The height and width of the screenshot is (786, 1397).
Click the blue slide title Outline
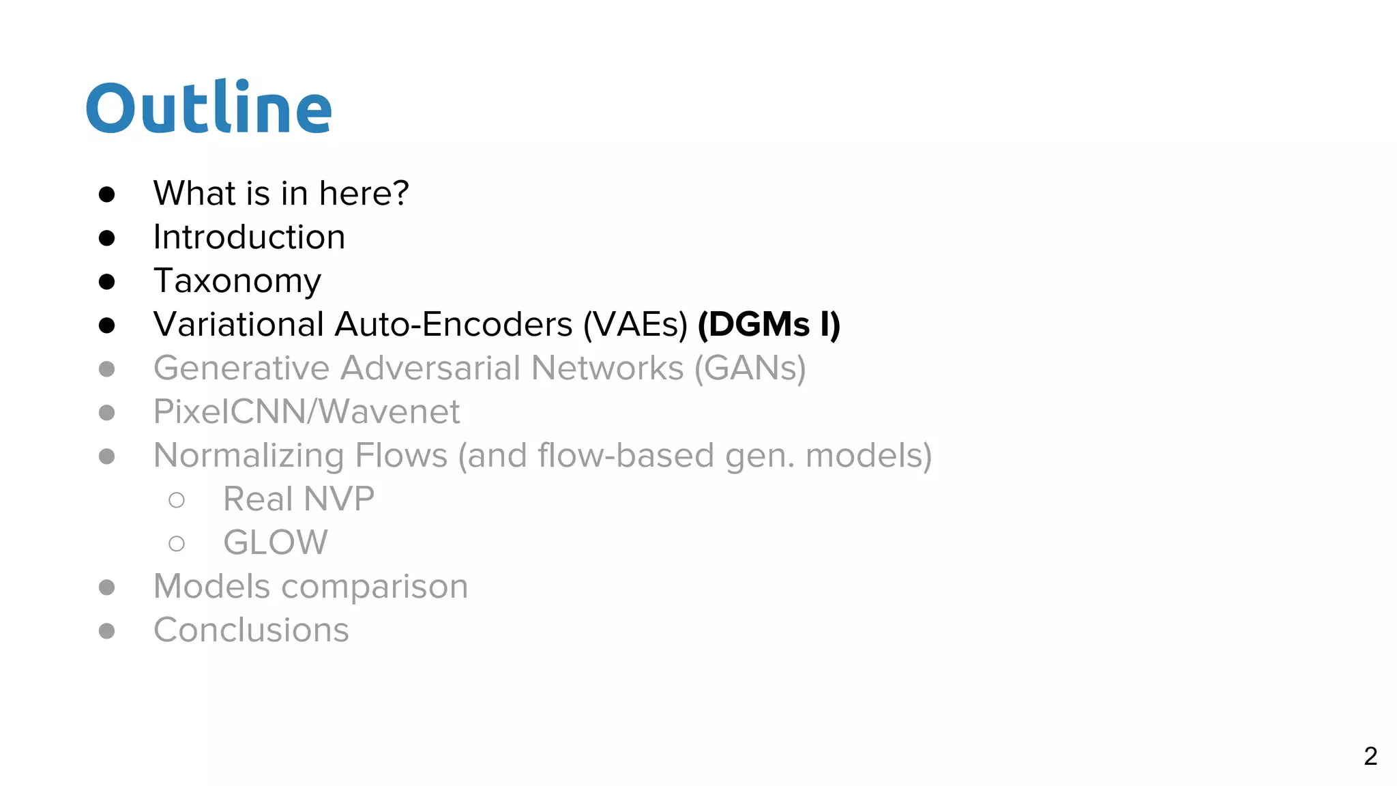[x=209, y=108]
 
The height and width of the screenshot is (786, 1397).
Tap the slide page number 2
[x=1370, y=756]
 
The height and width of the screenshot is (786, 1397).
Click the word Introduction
[x=249, y=237]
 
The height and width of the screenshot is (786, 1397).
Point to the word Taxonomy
[x=237, y=281]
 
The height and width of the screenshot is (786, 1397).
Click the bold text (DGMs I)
[x=769, y=324]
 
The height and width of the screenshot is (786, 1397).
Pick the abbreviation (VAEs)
[x=635, y=324]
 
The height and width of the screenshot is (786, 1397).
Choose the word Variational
[x=239, y=324]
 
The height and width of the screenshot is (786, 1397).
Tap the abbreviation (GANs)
[x=750, y=368]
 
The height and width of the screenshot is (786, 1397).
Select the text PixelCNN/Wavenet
[x=306, y=412]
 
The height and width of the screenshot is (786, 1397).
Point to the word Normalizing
[x=248, y=456]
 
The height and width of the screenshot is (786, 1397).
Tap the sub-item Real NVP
[x=299, y=499]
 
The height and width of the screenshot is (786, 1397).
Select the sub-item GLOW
[x=276, y=543]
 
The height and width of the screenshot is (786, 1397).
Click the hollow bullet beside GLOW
[x=177, y=544]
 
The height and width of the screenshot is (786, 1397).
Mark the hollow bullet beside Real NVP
[x=177, y=500]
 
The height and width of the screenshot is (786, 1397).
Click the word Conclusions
[x=251, y=630]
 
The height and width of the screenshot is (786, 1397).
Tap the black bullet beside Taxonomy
[x=106, y=282]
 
